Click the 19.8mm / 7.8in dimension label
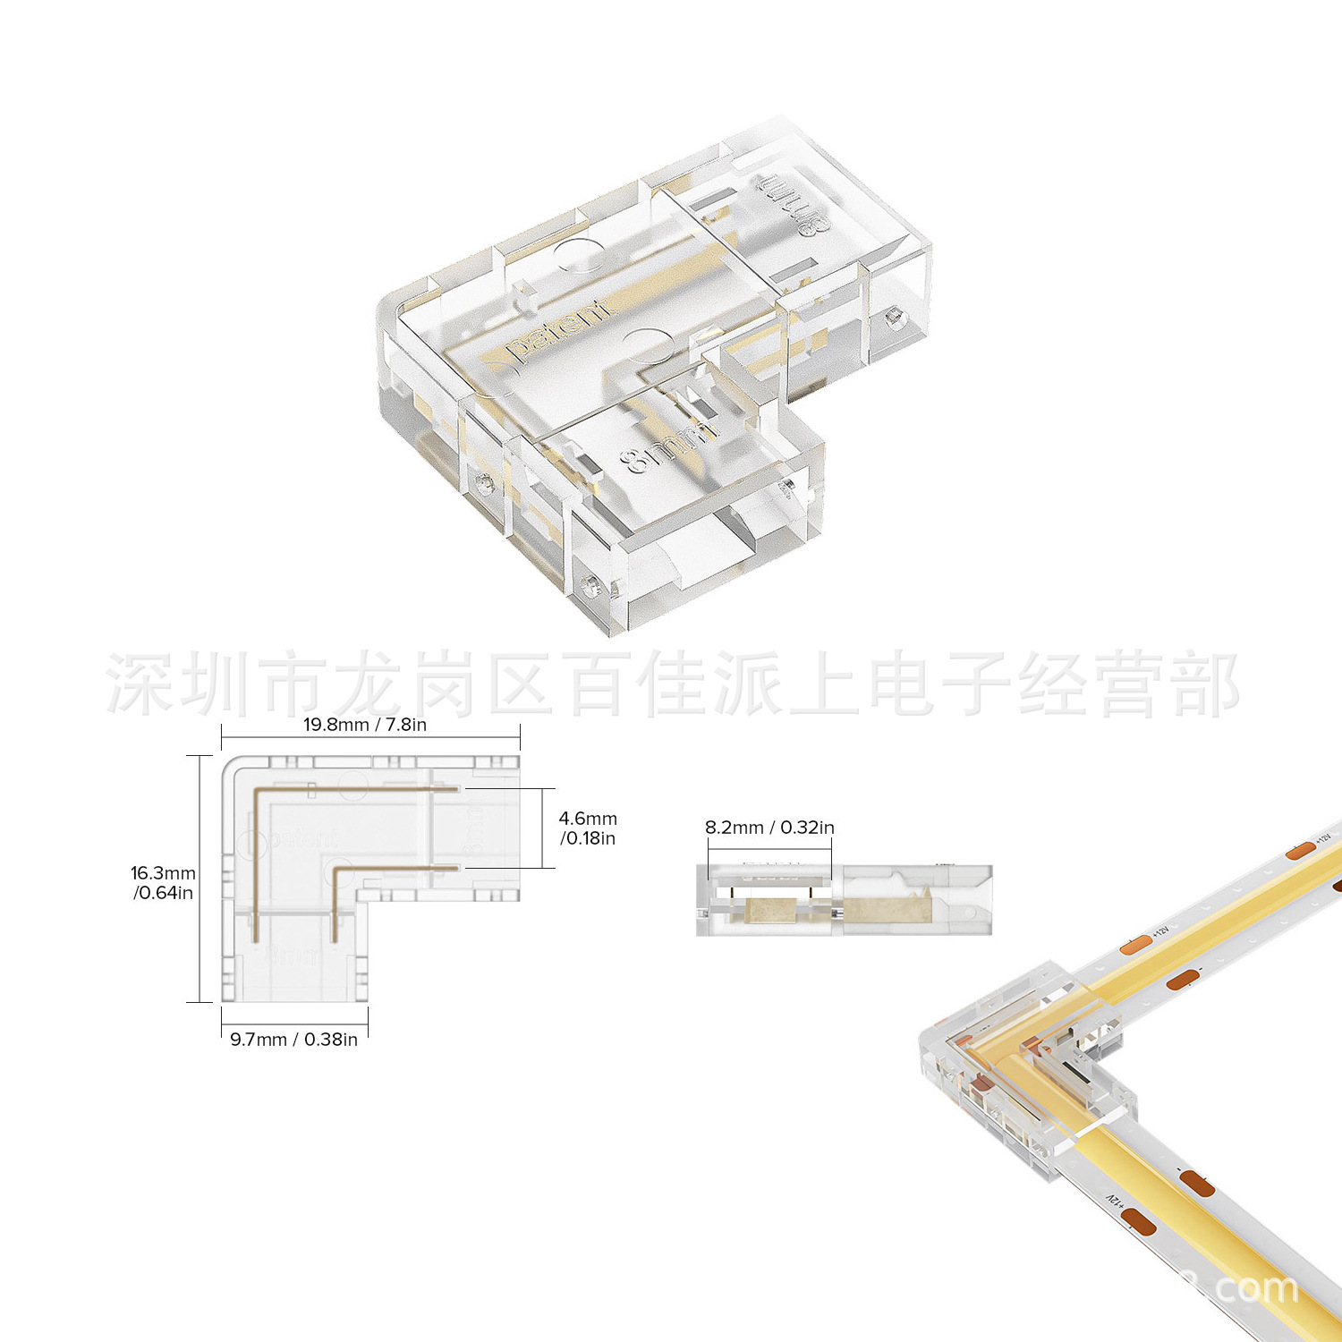tap(365, 725)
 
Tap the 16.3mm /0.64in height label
tap(163, 883)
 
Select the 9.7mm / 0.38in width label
tap(293, 1040)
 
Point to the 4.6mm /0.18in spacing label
tap(588, 828)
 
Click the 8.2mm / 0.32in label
tap(769, 828)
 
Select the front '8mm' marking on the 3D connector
tap(669, 446)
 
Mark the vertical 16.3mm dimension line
tap(199, 879)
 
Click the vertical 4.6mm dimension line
tap(542, 828)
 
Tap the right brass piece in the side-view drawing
tap(889, 911)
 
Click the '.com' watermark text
tap(1253, 1288)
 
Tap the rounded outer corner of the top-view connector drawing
tap(231, 767)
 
